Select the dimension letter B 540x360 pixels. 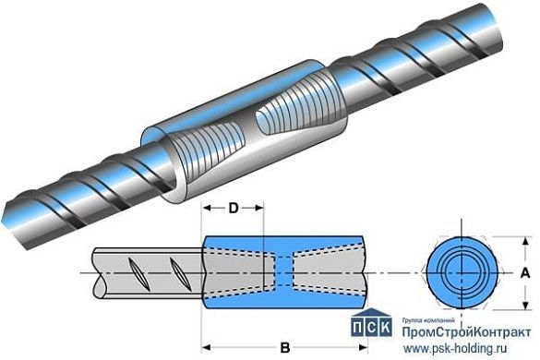coord(284,348)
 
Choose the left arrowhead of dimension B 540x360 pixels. coord(205,348)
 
